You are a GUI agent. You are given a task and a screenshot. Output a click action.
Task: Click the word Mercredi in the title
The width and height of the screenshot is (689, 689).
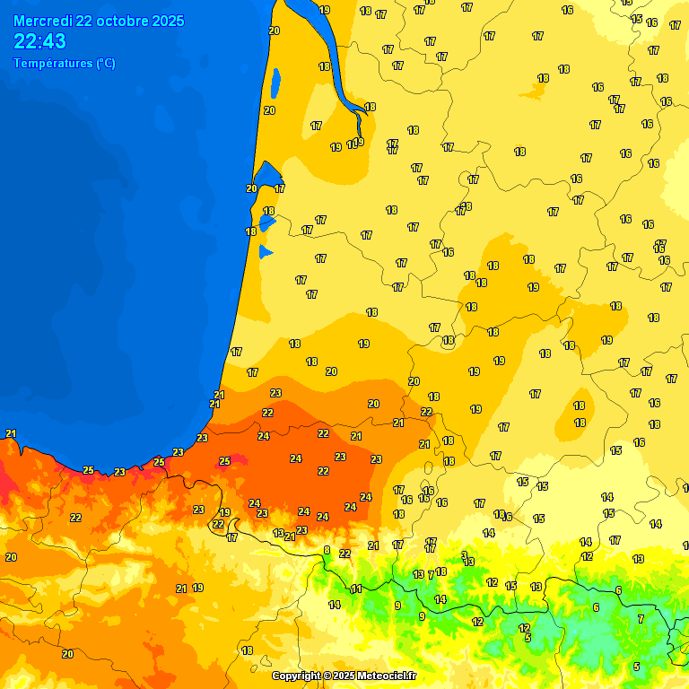click(x=42, y=21)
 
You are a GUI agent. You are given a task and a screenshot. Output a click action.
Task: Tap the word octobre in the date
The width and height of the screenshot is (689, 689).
click(x=118, y=21)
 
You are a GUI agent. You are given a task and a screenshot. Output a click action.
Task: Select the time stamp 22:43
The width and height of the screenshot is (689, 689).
click(x=39, y=41)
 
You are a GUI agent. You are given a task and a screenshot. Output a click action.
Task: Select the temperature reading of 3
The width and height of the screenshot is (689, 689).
click(x=464, y=554)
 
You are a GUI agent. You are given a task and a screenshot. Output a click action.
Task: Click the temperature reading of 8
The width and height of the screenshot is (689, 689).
click(x=327, y=550)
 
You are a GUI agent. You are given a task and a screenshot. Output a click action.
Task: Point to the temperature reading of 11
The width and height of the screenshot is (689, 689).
click(x=356, y=589)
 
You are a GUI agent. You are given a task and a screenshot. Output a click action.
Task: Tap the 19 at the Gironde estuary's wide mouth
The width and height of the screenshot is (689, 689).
click(x=324, y=10)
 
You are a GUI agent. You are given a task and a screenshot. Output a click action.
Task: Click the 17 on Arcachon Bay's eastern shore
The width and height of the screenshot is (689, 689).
click(x=280, y=188)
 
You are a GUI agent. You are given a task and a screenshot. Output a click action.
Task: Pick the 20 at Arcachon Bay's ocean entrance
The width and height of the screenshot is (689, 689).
click(x=251, y=188)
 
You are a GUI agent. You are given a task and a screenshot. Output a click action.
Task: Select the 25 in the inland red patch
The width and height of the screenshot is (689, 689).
click(x=224, y=461)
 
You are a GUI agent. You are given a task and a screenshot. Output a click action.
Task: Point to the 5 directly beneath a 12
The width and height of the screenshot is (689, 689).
click(x=528, y=638)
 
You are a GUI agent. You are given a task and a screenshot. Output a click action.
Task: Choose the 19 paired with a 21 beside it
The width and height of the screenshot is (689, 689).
click(x=197, y=588)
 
